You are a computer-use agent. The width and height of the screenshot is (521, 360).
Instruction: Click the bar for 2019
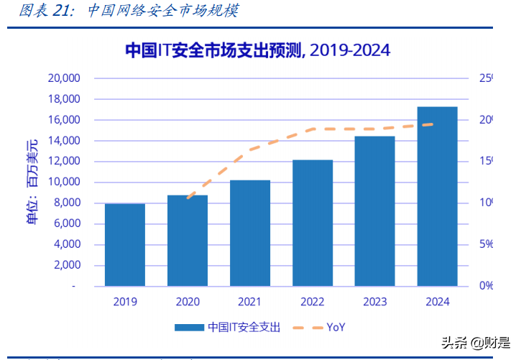(x=125, y=245)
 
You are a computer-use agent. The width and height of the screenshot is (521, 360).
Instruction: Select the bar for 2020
(x=188, y=241)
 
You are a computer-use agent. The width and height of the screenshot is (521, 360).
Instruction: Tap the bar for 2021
(x=250, y=234)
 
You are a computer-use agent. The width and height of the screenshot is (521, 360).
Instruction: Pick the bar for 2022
(x=313, y=223)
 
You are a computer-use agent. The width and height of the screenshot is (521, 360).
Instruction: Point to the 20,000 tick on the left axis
(x=63, y=78)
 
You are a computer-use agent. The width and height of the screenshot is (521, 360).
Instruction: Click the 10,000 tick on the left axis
(x=63, y=182)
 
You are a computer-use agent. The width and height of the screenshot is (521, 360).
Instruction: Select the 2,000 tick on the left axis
(x=66, y=265)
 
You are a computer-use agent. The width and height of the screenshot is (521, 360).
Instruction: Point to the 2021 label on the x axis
(x=250, y=302)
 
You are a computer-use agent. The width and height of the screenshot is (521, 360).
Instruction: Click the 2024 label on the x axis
(x=438, y=302)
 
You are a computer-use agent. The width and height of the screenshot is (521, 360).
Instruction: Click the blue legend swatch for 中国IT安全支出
(x=189, y=327)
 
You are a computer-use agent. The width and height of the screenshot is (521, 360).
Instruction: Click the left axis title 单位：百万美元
(x=32, y=183)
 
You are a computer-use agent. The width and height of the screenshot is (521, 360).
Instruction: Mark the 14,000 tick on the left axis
(x=63, y=140)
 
